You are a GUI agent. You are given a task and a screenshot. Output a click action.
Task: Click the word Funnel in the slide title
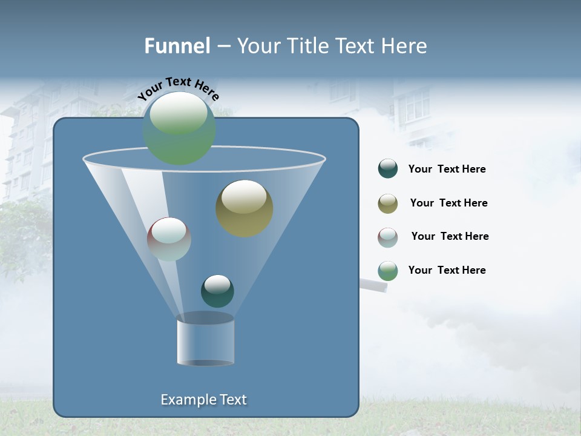(x=177, y=46)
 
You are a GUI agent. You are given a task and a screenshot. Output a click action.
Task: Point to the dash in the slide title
(x=223, y=47)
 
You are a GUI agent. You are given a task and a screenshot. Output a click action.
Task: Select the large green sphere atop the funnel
(x=179, y=128)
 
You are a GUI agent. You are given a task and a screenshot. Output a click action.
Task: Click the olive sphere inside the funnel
(x=244, y=208)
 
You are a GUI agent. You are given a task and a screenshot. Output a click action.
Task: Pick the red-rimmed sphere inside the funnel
(x=169, y=239)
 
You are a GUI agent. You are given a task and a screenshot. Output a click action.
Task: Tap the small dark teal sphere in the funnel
(x=217, y=291)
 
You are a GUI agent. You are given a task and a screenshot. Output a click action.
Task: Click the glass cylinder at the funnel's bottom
(x=205, y=340)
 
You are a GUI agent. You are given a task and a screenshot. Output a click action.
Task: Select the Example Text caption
(x=203, y=400)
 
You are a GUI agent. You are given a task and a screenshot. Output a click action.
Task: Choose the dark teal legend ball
(x=388, y=169)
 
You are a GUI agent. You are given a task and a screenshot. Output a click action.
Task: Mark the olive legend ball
(x=388, y=203)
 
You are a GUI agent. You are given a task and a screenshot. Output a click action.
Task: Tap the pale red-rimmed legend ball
(x=388, y=237)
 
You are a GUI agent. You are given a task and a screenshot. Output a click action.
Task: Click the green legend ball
(x=388, y=271)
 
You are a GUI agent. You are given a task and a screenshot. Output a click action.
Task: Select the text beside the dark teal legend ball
(x=447, y=170)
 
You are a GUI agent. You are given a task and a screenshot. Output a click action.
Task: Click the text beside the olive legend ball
(x=448, y=203)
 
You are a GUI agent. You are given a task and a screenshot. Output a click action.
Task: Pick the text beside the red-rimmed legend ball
(x=450, y=237)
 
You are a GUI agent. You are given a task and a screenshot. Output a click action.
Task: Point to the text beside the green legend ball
(x=447, y=271)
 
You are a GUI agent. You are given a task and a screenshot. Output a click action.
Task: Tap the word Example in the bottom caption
(x=188, y=400)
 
